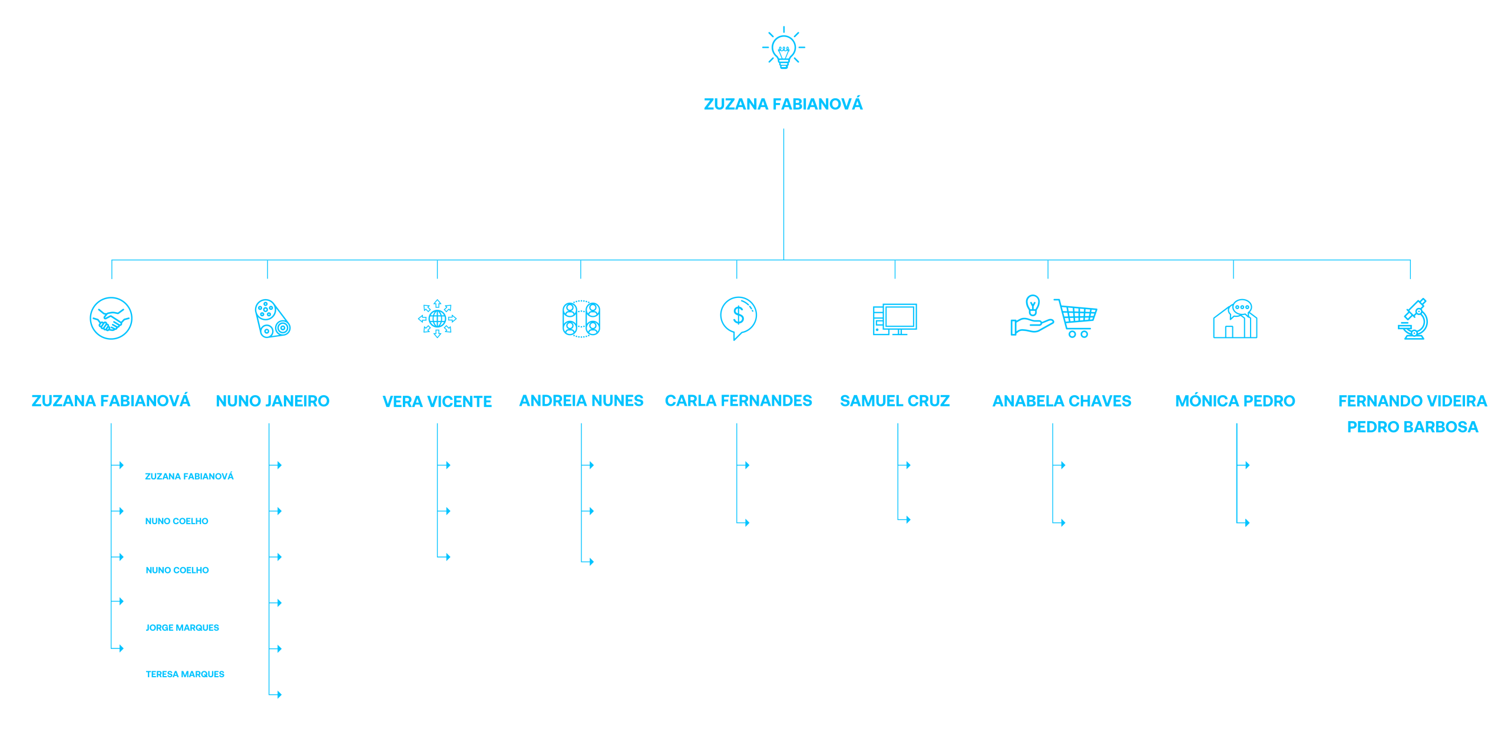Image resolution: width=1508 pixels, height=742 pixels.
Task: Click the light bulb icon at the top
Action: pos(783,48)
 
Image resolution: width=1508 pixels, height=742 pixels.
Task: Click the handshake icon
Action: pos(111,318)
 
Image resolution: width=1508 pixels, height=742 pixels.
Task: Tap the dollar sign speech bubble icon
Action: pos(738,318)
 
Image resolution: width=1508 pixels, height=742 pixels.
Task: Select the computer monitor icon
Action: pos(895,320)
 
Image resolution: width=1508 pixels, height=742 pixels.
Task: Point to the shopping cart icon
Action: pos(1076,318)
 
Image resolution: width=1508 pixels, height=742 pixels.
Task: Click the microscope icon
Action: pos(1413,319)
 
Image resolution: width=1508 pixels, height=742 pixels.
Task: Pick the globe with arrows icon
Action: pos(437,319)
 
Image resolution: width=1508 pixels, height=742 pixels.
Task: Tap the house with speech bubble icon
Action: pos(1235,319)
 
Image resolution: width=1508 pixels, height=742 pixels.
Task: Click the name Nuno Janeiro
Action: pos(273,401)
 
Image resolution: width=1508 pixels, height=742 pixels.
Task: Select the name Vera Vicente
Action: pos(437,402)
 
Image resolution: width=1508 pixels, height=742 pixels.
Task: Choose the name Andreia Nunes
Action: pos(581,400)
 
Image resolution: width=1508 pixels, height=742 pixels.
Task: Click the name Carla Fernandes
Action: pos(739,400)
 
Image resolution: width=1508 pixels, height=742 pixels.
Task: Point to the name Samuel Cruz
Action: pos(895,401)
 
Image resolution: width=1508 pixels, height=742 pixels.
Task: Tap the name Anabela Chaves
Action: pos(1062,401)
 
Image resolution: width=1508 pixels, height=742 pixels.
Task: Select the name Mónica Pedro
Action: pos(1235,400)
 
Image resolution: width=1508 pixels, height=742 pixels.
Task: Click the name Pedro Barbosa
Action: pos(1413,427)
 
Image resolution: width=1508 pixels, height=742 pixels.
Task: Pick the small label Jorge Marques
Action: pos(182,628)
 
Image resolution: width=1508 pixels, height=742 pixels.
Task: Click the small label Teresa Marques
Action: pos(185,674)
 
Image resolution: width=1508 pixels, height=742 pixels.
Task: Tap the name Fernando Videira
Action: pos(1413,401)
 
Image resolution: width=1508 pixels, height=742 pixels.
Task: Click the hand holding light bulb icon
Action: pos(1031,316)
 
